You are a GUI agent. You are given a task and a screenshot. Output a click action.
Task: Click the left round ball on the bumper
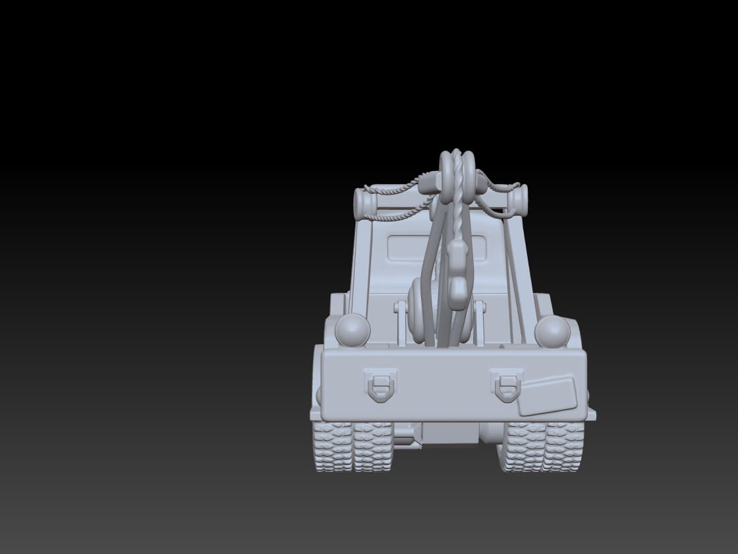[352, 330]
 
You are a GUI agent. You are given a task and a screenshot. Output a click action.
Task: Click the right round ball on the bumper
[552, 331]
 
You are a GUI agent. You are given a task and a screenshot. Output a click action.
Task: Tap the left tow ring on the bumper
[381, 385]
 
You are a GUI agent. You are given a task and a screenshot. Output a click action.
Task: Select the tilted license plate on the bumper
[548, 394]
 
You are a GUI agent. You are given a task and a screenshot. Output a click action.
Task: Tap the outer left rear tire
[332, 446]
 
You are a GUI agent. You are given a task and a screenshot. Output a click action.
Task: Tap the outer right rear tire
[564, 446]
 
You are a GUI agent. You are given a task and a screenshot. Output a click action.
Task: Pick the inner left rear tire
[372, 446]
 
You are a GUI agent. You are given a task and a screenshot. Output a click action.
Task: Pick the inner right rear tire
[525, 446]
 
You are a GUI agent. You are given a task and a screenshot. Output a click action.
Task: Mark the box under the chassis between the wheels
[451, 433]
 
